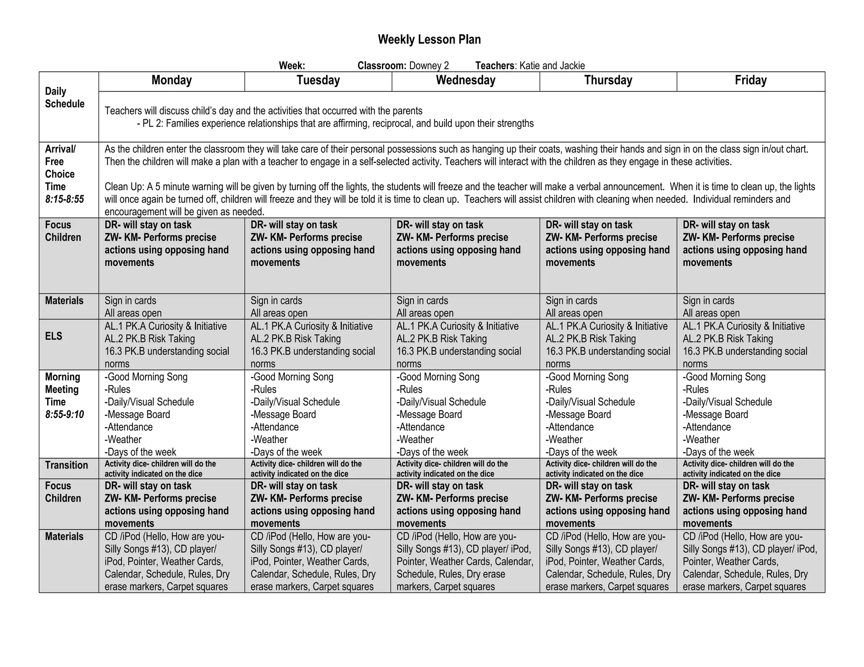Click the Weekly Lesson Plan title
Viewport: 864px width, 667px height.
(429, 40)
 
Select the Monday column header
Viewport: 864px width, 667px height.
(171, 81)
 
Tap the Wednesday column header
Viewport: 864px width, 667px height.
(465, 81)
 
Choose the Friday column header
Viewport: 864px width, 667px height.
(751, 81)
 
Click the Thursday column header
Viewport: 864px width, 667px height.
(608, 81)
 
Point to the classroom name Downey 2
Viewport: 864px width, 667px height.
(429, 66)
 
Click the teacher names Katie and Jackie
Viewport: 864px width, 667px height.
(552, 66)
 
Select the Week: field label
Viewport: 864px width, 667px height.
(292, 66)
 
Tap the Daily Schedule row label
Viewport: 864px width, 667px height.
(65, 98)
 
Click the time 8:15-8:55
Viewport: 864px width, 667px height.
(65, 199)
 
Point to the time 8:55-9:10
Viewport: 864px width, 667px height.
(65, 415)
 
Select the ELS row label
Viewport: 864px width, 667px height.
(54, 336)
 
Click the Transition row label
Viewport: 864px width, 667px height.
(66, 465)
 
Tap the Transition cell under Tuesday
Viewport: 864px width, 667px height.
(306, 469)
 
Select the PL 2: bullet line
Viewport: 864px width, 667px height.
(335, 124)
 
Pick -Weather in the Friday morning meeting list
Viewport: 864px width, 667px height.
(701, 440)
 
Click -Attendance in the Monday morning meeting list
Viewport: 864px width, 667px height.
(129, 427)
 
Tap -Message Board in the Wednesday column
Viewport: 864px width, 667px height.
(429, 415)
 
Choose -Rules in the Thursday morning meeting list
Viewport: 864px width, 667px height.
(559, 390)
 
